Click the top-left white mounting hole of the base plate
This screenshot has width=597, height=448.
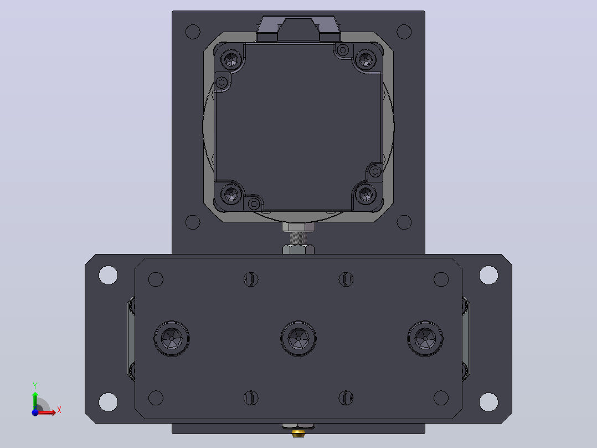point(108,275)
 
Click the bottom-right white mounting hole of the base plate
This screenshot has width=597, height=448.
point(488,402)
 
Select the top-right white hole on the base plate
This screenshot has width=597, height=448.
point(488,275)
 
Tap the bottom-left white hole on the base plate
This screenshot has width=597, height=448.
point(108,402)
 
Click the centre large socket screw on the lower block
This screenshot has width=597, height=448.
point(298,339)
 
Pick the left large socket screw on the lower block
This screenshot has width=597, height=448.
point(172,339)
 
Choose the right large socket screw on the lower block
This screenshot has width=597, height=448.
point(425,339)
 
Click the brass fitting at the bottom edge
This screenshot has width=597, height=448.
point(298,432)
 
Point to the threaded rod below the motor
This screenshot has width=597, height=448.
point(298,238)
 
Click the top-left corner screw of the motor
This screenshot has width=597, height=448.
point(231,59)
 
